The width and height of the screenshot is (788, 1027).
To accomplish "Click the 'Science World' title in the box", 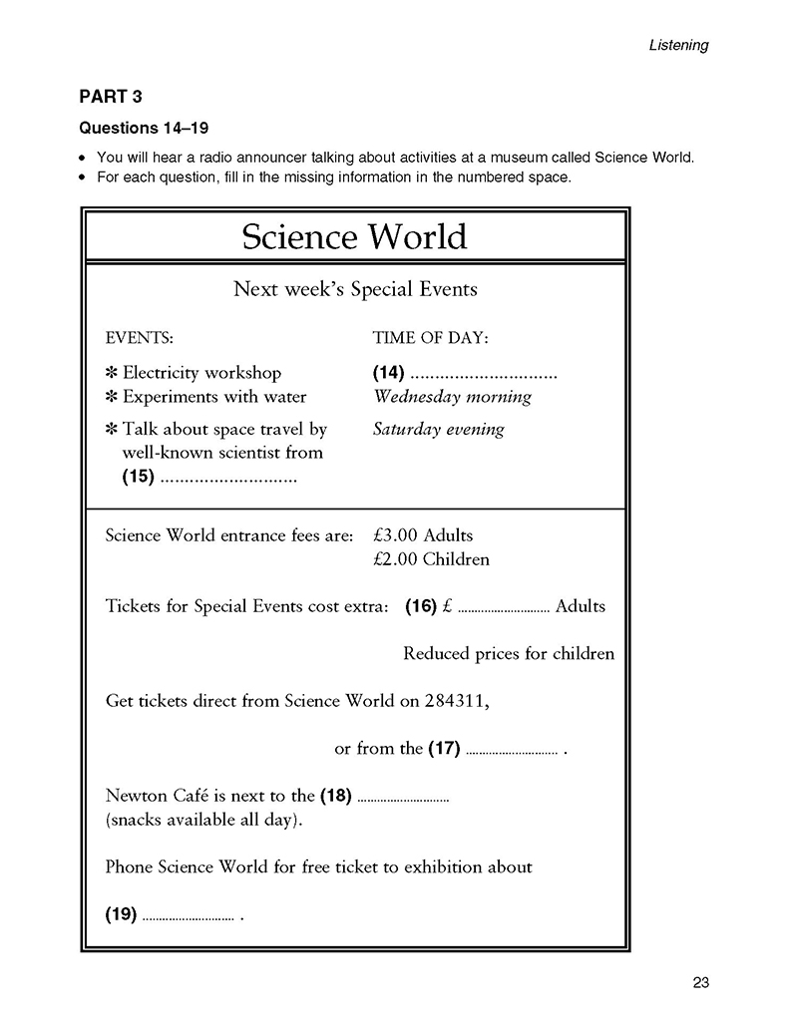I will pos(354,237).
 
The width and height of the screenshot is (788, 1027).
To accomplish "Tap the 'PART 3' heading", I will pos(111,97).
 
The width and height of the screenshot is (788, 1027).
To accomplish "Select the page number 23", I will pos(699,983).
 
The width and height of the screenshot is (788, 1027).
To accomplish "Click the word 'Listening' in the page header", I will pos(678,45).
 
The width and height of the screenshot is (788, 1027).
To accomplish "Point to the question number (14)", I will pos(388,373).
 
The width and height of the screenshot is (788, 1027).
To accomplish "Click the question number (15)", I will pos(138,477).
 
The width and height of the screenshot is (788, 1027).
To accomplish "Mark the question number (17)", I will pos(443,749).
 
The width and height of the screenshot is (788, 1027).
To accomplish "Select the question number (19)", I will pos(121,913).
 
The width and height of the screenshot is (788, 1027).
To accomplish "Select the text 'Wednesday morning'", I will pos(452,397).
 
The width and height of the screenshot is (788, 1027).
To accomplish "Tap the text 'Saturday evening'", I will pos(438,430).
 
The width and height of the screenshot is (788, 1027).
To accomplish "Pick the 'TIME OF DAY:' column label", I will pos(430,337).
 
